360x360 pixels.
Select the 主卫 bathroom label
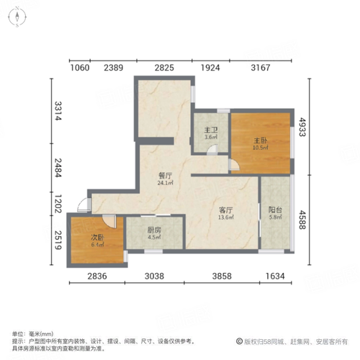(210, 130)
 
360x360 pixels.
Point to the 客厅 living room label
(226, 210)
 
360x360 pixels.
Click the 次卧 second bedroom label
(97, 237)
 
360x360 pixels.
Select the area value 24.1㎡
(166, 182)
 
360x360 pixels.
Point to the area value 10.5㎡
(260, 148)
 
